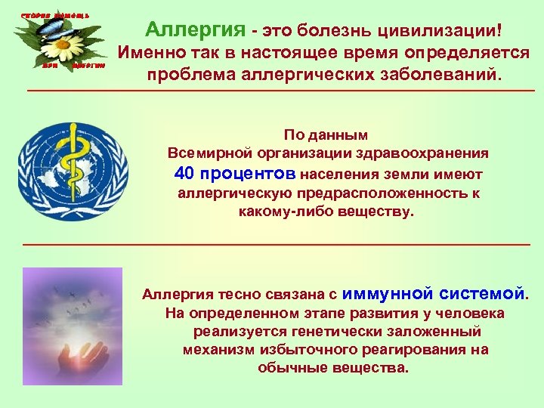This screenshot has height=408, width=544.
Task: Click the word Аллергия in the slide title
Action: click(x=196, y=30)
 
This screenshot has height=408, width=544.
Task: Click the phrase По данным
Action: click(x=326, y=135)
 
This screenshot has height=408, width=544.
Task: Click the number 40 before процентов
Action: click(x=184, y=173)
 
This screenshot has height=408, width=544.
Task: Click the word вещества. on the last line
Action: click(x=371, y=368)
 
